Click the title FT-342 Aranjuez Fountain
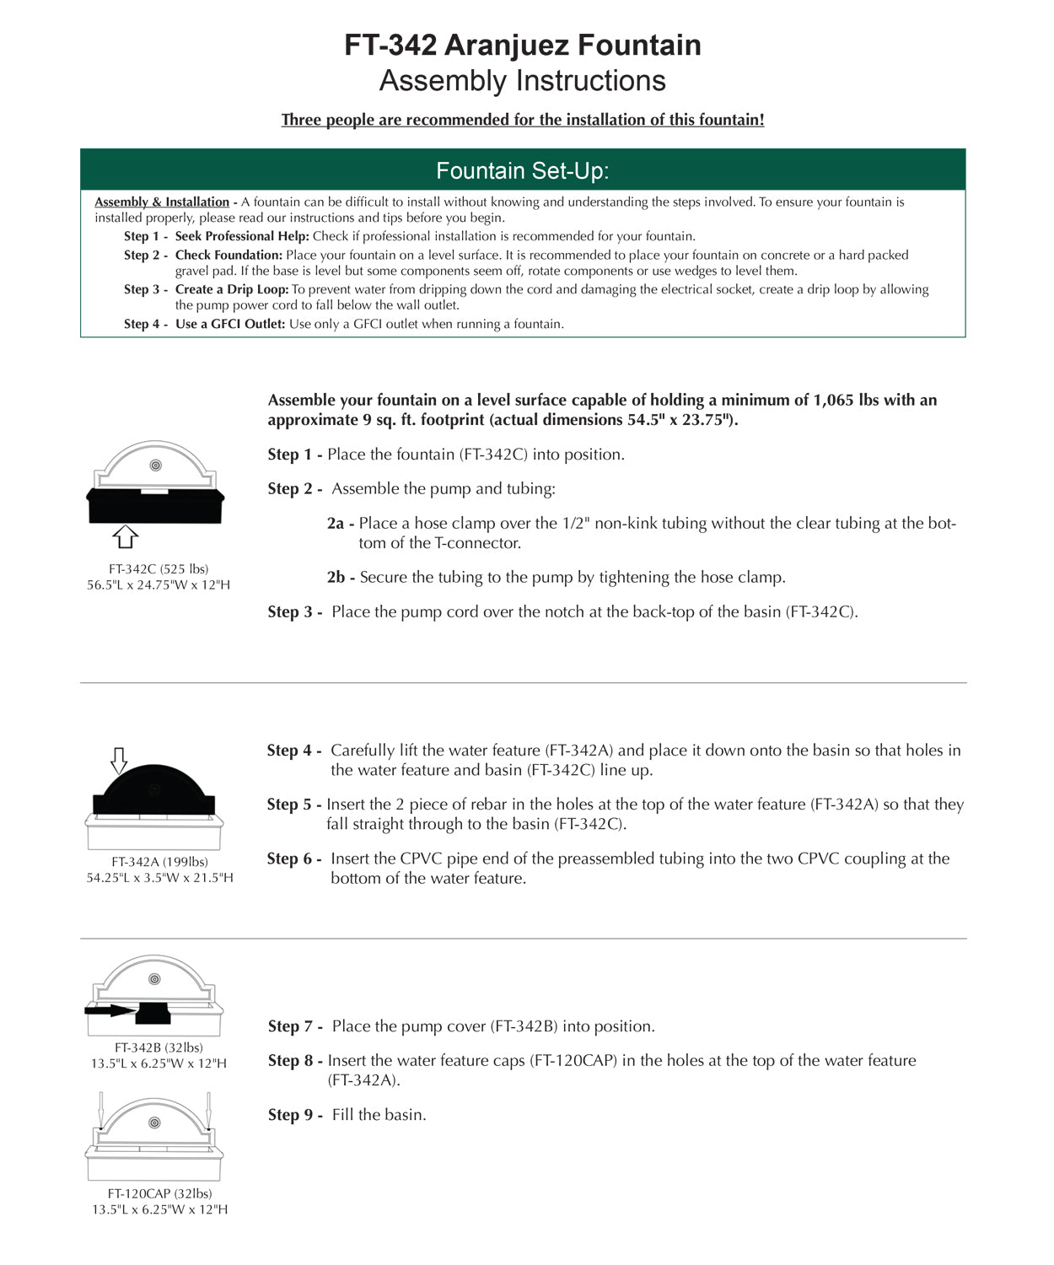coord(523,46)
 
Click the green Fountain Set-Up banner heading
coord(523,171)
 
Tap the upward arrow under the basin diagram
coord(125,536)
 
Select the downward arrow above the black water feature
coord(119,760)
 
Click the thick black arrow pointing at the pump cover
coord(110,1010)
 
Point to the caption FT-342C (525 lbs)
coord(159,569)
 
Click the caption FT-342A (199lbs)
coord(159,862)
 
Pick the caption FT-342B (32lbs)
coord(159,1047)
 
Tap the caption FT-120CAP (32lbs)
coord(159,1193)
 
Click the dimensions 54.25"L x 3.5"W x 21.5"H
coord(159,878)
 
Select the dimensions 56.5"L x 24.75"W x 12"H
coord(159,585)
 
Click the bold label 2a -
coord(340,524)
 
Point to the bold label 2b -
coord(341,578)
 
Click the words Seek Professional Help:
coord(242,237)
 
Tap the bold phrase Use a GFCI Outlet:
coord(230,325)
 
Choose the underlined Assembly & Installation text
coord(162,202)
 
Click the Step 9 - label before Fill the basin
coord(295,1115)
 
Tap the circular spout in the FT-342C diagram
coord(155,466)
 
